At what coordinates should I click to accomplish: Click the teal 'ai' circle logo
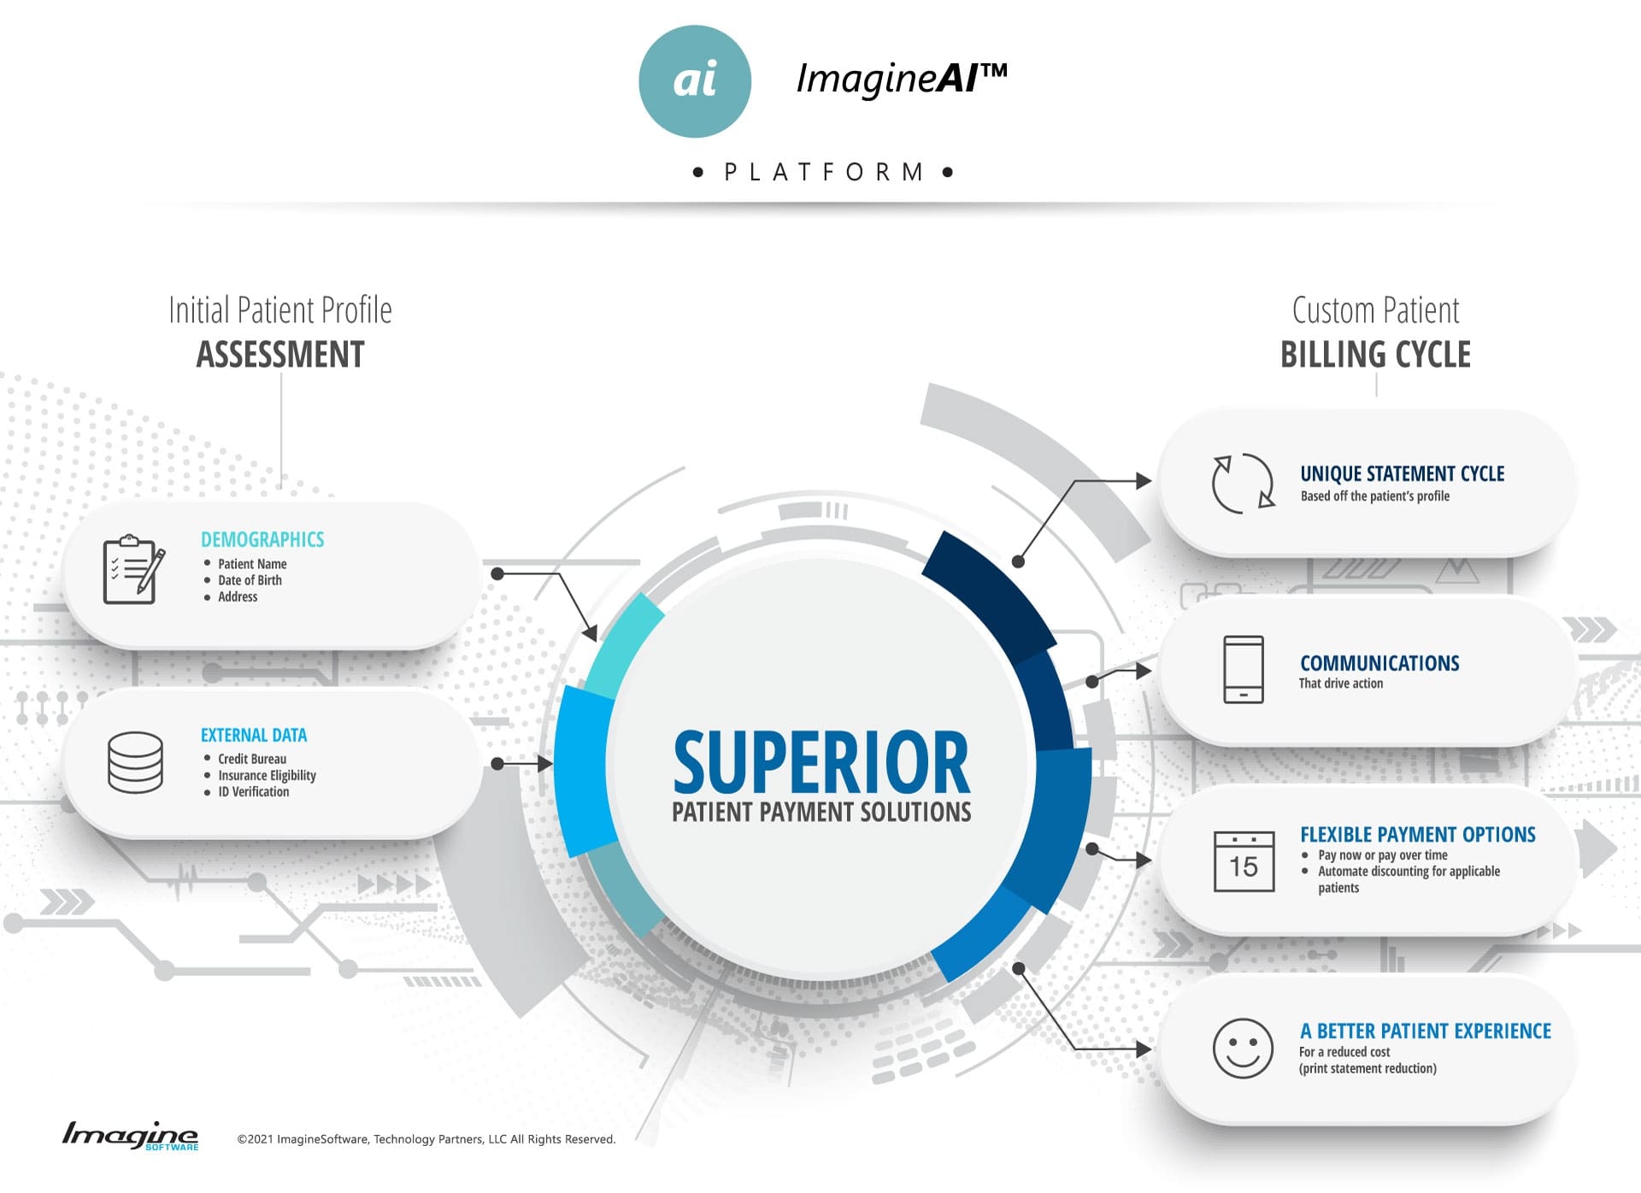point(695,81)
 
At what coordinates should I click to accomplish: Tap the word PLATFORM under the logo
point(824,172)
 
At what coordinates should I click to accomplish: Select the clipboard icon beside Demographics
point(133,569)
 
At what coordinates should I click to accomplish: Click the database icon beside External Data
point(135,762)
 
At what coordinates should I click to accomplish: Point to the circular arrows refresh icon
point(1244,483)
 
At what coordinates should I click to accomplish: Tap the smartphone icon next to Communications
point(1244,669)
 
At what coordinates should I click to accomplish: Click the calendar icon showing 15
point(1244,861)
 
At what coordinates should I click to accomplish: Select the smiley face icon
point(1243,1048)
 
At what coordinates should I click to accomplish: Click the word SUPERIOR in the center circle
point(821,761)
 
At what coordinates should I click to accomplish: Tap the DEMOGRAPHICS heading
point(262,539)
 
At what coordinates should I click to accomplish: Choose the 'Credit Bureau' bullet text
point(252,759)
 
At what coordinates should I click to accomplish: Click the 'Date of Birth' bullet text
point(250,580)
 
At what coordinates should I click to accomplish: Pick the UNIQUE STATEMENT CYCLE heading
point(1402,473)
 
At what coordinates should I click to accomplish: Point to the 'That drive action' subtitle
point(1340,683)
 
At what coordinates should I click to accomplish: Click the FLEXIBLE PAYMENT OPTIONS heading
point(1418,834)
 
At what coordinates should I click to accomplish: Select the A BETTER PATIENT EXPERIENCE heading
point(1425,1031)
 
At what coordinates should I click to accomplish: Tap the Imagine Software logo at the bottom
point(130,1136)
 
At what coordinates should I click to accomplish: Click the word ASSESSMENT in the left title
point(280,355)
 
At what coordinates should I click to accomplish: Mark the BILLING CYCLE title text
point(1375,355)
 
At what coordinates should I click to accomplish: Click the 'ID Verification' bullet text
point(253,792)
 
